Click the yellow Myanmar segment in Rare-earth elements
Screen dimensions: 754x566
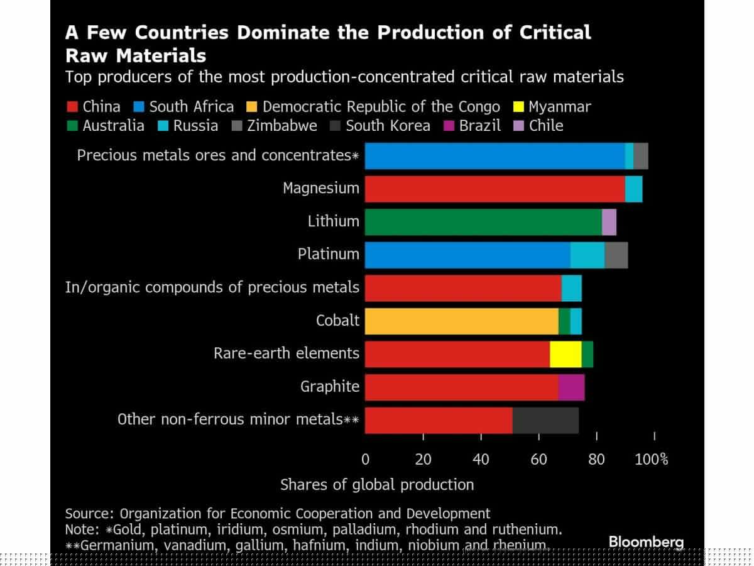(565, 354)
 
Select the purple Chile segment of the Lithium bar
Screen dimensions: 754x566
(609, 222)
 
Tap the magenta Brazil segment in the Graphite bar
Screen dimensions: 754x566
(572, 387)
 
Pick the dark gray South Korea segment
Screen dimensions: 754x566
(545, 421)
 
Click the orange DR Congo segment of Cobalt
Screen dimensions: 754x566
(462, 321)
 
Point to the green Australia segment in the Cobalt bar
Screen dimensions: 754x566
(564, 321)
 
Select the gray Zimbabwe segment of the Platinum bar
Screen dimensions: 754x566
(616, 255)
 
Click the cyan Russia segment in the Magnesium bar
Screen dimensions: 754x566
(634, 189)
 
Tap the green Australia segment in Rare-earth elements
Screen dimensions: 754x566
(587, 354)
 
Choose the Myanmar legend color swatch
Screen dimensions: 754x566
(518, 106)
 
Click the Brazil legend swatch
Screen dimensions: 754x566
(449, 126)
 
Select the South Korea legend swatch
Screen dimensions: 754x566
(336, 126)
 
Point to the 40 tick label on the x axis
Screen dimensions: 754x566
(481, 460)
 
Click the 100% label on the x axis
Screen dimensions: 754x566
(652, 460)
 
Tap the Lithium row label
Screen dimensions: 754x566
(334, 221)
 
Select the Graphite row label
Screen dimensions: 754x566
(330, 387)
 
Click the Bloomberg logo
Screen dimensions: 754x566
(646, 542)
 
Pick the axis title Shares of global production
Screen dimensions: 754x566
(377, 485)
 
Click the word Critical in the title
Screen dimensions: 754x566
(555, 33)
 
